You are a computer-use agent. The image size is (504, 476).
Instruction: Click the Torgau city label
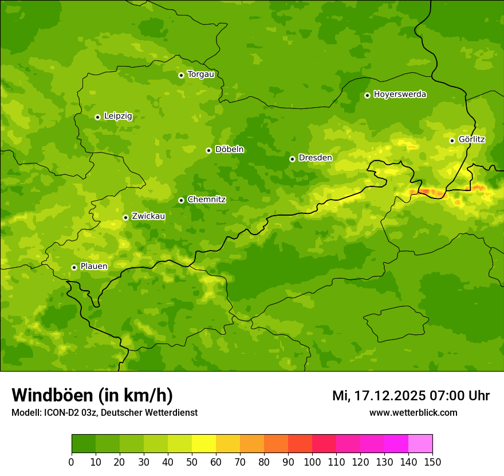click(x=200, y=75)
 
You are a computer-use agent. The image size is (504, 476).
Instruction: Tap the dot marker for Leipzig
click(x=97, y=117)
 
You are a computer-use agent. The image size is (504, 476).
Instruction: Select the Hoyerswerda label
click(x=400, y=95)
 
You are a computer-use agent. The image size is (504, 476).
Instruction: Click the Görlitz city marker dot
click(x=452, y=141)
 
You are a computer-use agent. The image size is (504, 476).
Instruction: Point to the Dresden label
click(x=315, y=158)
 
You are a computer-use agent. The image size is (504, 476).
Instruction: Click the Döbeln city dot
click(x=208, y=150)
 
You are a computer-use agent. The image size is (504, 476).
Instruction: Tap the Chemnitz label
click(x=206, y=200)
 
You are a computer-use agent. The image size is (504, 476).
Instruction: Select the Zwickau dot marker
click(x=125, y=217)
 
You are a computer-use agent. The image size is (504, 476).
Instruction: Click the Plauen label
click(x=93, y=267)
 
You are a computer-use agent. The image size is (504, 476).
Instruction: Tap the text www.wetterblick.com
click(x=413, y=412)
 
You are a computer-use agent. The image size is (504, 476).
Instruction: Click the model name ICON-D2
click(x=59, y=412)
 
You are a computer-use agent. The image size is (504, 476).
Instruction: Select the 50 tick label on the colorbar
click(x=192, y=462)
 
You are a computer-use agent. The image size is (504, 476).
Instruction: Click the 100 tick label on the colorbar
click(x=312, y=462)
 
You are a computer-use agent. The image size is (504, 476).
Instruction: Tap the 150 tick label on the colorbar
click(x=432, y=462)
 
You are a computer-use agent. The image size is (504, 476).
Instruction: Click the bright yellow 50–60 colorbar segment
click(x=204, y=444)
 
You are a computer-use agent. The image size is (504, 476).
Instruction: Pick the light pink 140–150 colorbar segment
click(x=420, y=444)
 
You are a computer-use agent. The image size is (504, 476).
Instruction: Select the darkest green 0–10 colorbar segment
click(x=84, y=444)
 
